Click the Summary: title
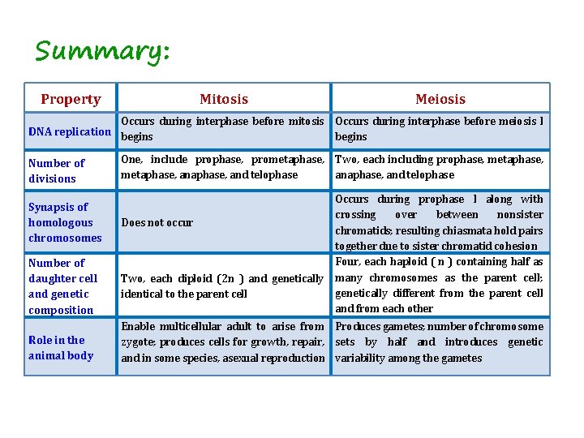pyautogui.click(x=102, y=52)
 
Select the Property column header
pyautogui.click(x=71, y=99)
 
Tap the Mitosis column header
pyautogui.click(x=224, y=99)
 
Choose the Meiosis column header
pyautogui.click(x=440, y=99)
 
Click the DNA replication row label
pyautogui.click(x=70, y=131)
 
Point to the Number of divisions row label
pyautogui.click(x=56, y=171)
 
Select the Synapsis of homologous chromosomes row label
pyautogui.click(x=65, y=222)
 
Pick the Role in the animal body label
pyautogui.click(x=61, y=348)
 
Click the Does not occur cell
pyautogui.click(x=157, y=222)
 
